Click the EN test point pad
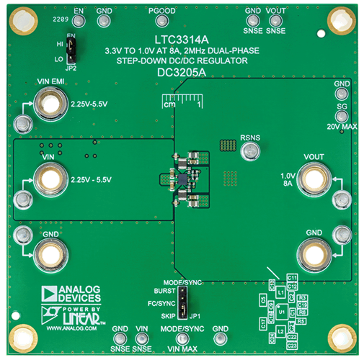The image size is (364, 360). tap(79, 22)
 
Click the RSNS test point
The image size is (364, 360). tap(251, 150)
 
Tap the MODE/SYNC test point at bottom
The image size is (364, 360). tap(183, 339)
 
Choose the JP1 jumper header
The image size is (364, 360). tap(185, 303)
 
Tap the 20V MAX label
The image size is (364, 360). tap(342, 127)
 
